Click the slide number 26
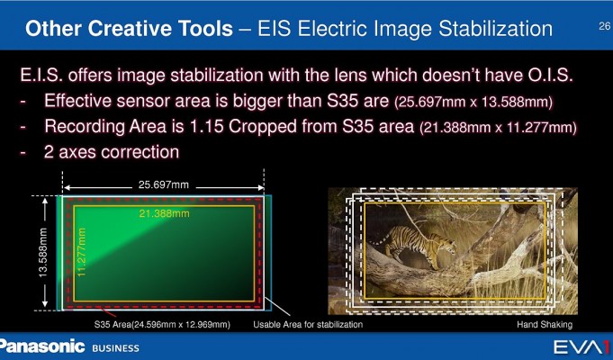(604, 27)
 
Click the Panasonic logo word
(41, 346)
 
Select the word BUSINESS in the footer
(116, 348)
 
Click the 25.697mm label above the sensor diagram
(164, 184)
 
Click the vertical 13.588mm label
(43, 253)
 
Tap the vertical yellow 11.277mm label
(81, 253)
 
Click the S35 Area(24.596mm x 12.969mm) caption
(162, 325)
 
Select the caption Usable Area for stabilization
(308, 324)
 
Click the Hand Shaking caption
(545, 324)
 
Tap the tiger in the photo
(415, 246)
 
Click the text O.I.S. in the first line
(551, 75)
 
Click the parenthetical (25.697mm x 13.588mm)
(473, 103)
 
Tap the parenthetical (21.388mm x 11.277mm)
(498, 128)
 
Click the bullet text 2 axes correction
(112, 152)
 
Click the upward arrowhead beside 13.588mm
(45, 202)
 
